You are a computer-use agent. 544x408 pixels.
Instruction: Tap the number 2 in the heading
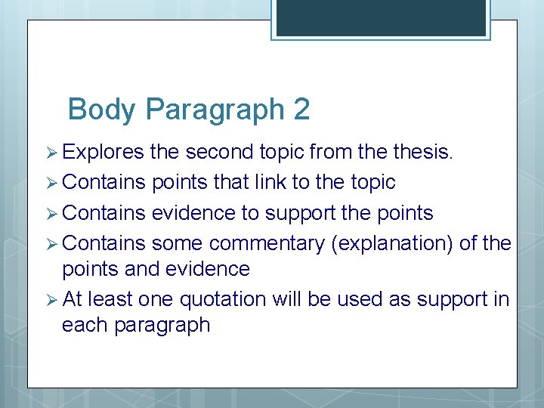coord(301,110)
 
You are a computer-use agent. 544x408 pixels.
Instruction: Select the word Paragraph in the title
coord(214,110)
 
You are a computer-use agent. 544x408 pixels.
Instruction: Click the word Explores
coord(103,152)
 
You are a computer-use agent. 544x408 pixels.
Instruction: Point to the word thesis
coord(422,152)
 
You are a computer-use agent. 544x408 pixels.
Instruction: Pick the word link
coord(292,183)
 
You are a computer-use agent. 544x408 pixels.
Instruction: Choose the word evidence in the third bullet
coord(193,214)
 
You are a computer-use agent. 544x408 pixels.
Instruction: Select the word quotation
coord(223,299)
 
